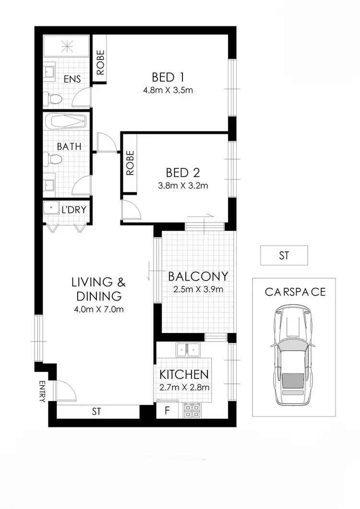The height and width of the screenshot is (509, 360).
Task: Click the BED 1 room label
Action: tap(168, 77)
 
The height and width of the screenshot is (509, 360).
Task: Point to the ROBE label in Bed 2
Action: tap(130, 163)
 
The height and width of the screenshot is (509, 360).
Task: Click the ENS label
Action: tap(72, 79)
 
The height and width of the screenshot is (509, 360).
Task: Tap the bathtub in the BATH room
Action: tap(65, 121)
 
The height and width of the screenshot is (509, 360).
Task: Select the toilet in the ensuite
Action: tap(54, 99)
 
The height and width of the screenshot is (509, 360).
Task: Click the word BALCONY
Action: tap(197, 276)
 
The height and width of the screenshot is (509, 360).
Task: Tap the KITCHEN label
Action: tap(184, 375)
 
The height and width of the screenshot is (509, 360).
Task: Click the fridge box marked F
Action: tap(167, 411)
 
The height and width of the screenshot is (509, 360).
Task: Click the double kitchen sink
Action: tap(187, 350)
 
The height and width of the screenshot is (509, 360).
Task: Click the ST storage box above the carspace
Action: tap(284, 256)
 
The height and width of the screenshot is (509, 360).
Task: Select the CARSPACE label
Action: tap(295, 292)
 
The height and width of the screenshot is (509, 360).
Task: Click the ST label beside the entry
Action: tap(97, 411)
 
